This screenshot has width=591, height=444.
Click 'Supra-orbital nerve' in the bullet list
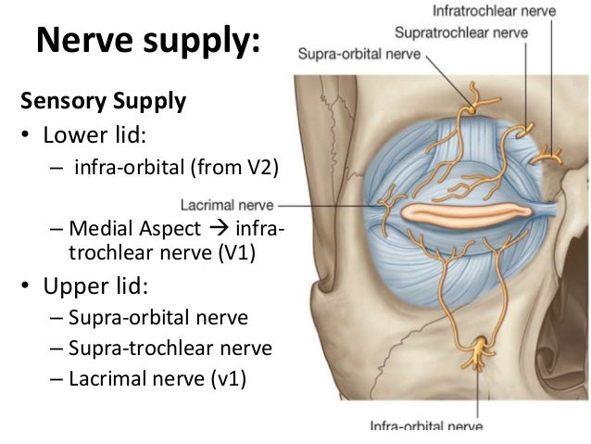(x=157, y=318)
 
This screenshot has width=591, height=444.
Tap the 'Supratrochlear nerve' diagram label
(x=461, y=33)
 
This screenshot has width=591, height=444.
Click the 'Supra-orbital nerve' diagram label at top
(x=358, y=55)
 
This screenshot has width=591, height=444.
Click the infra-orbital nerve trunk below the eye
(x=479, y=353)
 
